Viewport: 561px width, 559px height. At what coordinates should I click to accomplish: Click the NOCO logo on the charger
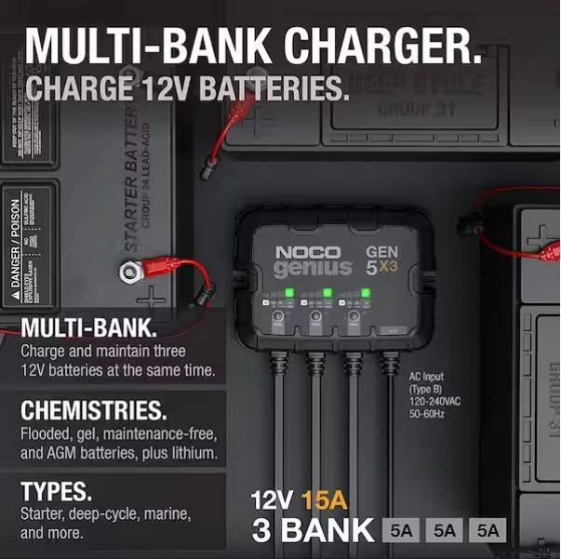point(307,252)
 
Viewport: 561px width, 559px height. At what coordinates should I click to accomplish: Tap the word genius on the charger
point(314,269)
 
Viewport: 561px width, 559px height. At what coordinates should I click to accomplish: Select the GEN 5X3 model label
point(382,263)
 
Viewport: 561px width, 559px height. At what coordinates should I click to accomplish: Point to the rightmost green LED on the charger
point(366,294)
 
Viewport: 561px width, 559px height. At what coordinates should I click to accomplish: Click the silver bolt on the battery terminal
point(127,273)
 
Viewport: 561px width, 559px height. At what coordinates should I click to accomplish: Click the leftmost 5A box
point(402,531)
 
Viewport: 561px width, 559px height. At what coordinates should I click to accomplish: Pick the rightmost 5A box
point(488,531)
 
